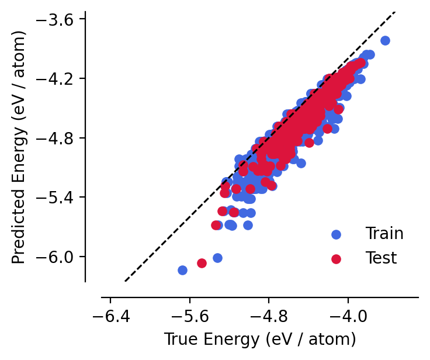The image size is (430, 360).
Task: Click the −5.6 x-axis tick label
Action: (190, 319)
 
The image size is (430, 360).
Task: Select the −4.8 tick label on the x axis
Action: (269, 319)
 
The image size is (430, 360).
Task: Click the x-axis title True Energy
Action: (260, 340)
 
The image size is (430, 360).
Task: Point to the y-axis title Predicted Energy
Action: (19, 146)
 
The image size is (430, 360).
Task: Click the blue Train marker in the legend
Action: (336, 234)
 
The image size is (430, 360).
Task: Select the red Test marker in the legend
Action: (336, 258)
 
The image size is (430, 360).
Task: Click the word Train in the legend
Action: (384, 234)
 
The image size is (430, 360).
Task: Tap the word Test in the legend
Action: (381, 258)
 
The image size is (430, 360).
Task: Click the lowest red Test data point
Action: (202, 263)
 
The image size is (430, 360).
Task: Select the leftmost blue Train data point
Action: (182, 270)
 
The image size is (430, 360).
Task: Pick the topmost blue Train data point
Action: (385, 40)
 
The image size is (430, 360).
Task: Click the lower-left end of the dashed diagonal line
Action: (125, 281)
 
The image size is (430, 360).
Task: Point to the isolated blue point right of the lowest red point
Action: (217, 258)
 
